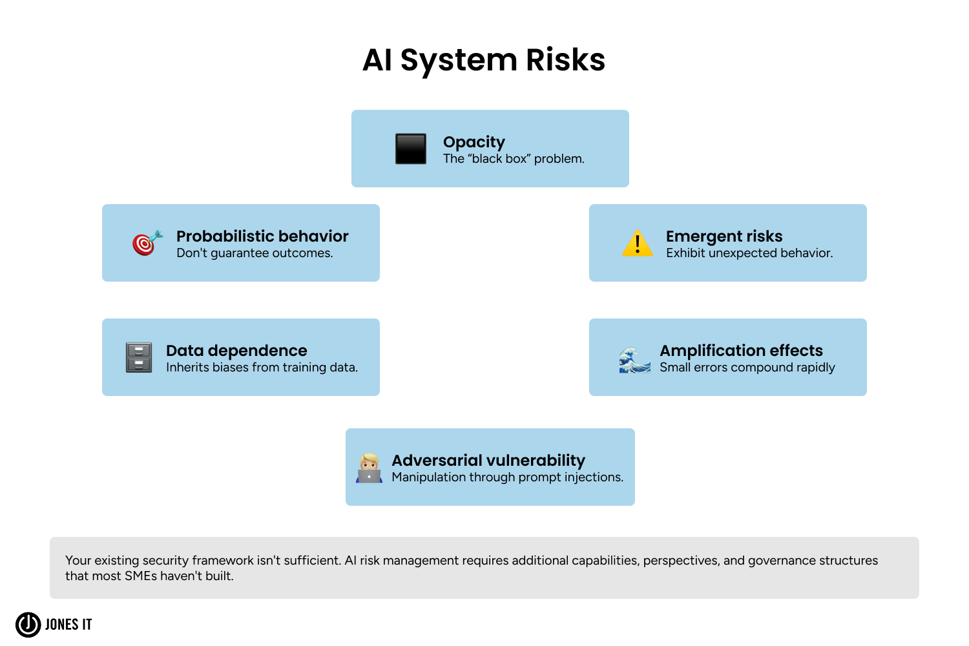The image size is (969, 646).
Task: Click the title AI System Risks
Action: coord(484,60)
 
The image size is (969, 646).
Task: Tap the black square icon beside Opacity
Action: coord(411,149)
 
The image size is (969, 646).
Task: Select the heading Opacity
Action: coord(474,142)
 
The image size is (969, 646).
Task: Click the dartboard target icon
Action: coord(147,243)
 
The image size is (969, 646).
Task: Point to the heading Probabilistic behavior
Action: coord(262,236)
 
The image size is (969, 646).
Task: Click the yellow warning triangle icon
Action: coord(638,244)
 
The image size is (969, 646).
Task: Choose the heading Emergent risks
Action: coord(724,236)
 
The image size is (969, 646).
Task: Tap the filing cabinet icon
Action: coord(139,357)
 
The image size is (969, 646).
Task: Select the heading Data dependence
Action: coord(236,351)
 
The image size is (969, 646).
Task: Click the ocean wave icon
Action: coord(634,360)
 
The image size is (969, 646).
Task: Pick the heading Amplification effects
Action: coord(741,351)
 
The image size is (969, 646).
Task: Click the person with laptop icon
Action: coord(369,468)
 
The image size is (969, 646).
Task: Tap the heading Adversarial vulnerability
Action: coord(488,461)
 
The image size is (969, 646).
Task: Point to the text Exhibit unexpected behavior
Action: coord(749,253)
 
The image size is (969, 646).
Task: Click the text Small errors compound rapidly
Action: coord(747,368)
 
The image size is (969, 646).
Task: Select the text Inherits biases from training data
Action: coord(262,368)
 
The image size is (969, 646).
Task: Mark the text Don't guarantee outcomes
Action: coord(255,253)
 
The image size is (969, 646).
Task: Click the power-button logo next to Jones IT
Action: coord(28,625)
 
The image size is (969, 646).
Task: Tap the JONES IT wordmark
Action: coord(68,625)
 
